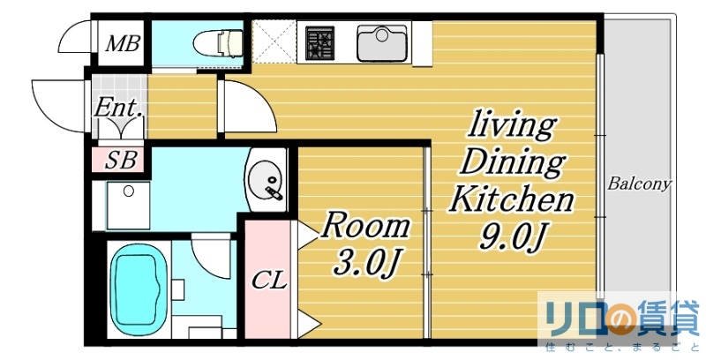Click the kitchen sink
tap(381, 41)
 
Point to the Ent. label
tap(117, 109)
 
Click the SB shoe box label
tap(120, 161)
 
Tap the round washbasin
tap(266, 181)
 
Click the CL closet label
tap(269, 281)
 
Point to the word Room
tap(364, 227)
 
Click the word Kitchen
tap(511, 200)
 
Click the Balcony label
tap(639, 185)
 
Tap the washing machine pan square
tap(129, 205)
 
